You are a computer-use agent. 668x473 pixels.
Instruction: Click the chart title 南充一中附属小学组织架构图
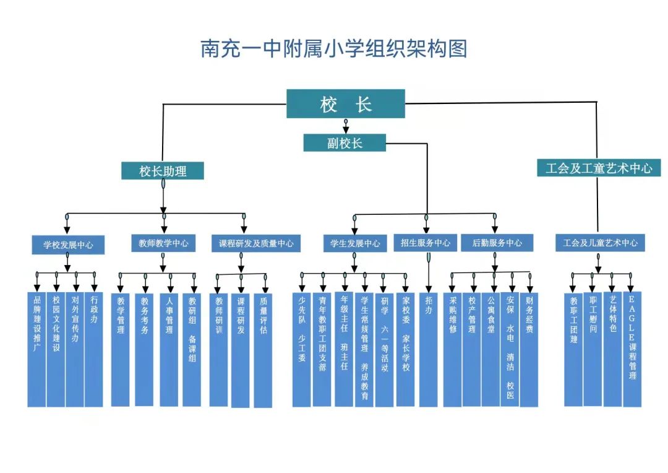click(334, 48)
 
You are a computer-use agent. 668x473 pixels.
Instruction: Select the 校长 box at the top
click(345, 103)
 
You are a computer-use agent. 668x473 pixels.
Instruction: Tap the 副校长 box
click(345, 143)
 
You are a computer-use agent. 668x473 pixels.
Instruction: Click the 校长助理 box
click(163, 171)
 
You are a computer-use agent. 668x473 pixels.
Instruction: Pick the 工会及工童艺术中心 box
click(598, 168)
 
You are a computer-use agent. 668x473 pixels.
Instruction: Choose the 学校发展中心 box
click(68, 245)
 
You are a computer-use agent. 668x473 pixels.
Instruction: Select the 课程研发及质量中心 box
click(256, 244)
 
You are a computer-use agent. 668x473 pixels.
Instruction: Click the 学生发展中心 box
click(355, 244)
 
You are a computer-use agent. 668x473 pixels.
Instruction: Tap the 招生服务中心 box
click(426, 243)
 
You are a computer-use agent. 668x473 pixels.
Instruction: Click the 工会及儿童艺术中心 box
click(599, 243)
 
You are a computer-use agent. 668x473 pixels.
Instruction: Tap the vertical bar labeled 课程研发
click(241, 350)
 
